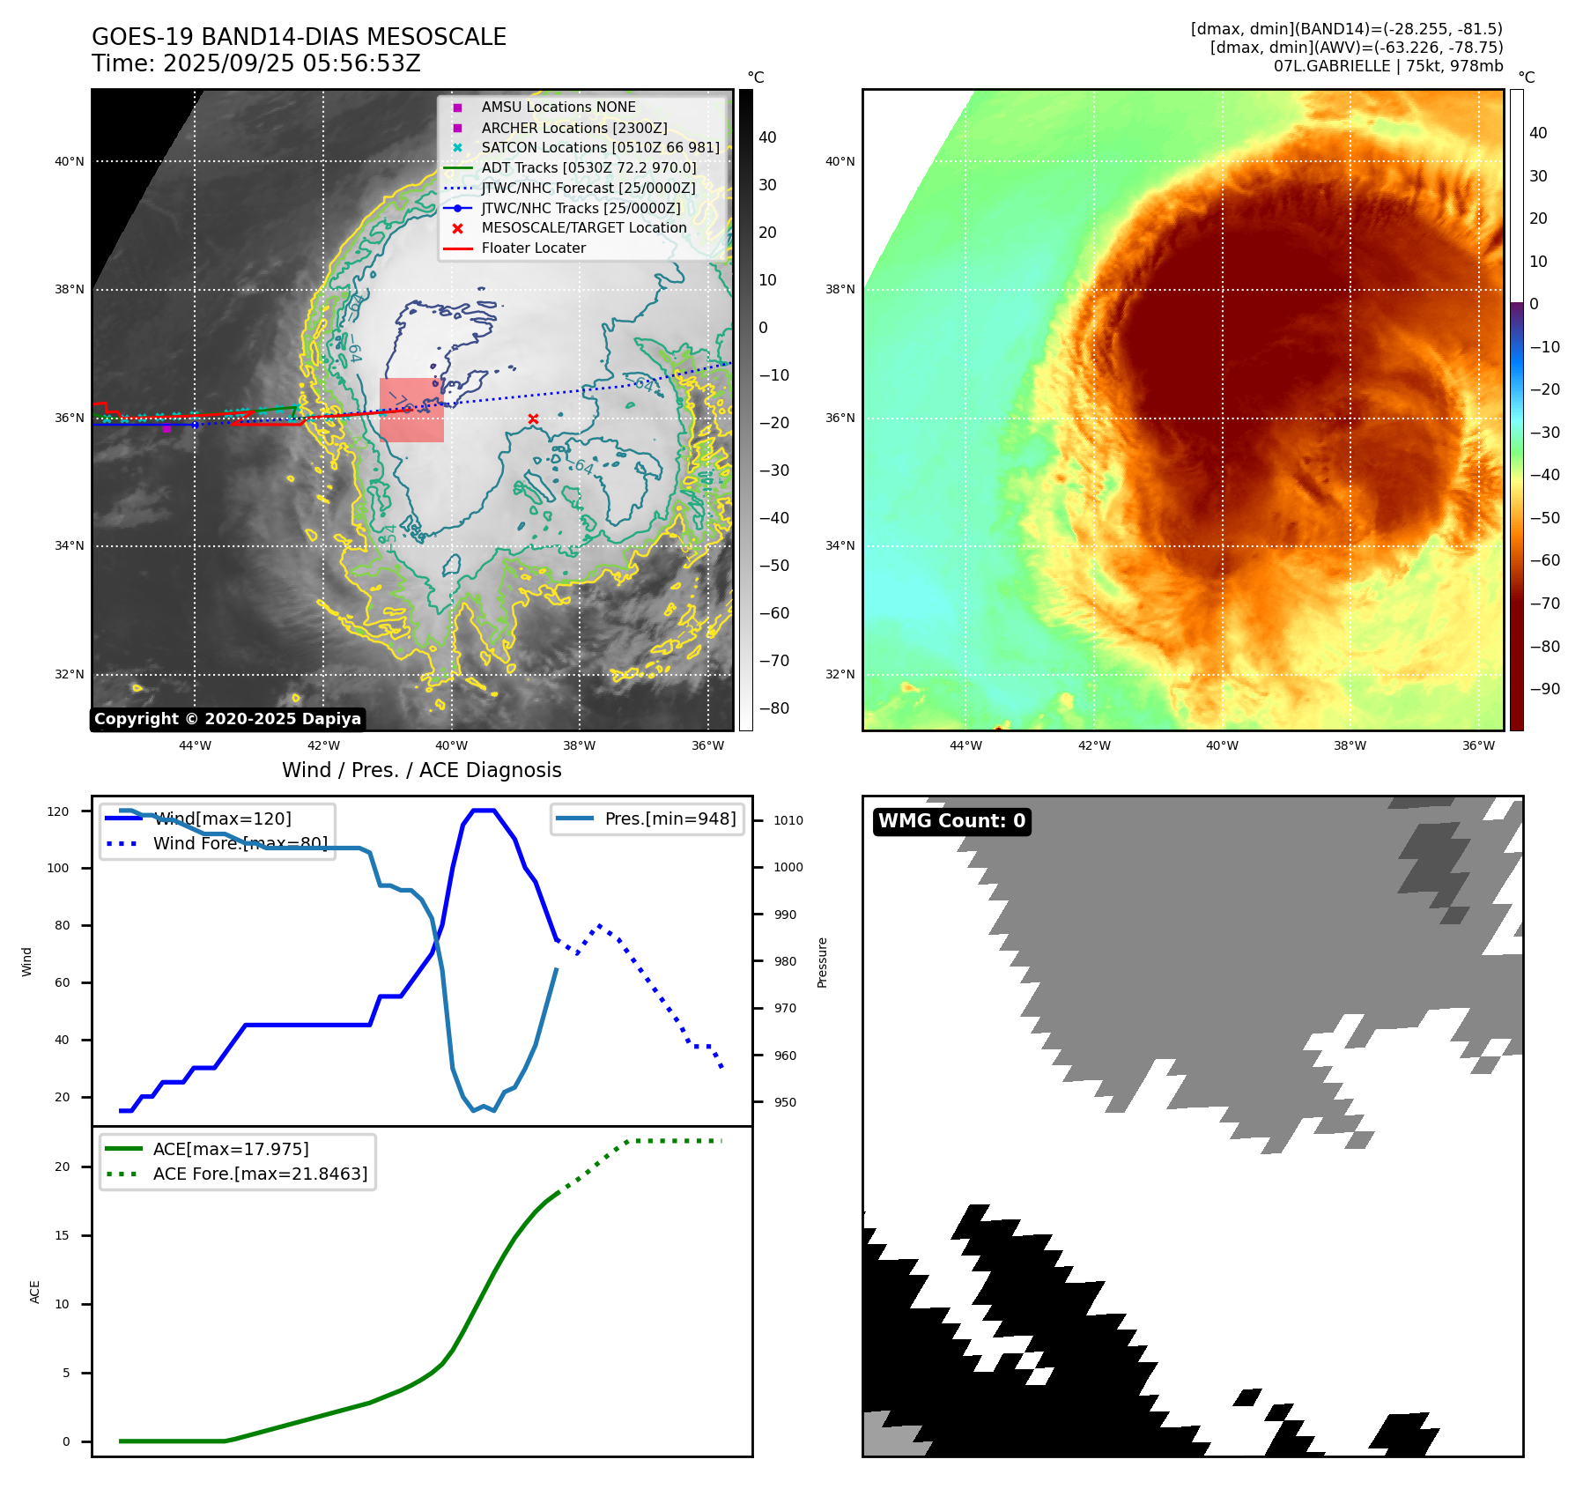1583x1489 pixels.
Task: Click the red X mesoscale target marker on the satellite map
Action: [x=533, y=419]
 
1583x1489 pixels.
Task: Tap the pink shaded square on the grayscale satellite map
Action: [x=411, y=410]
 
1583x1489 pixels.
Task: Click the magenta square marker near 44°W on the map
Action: [x=166, y=428]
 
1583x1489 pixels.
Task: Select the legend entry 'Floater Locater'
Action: [x=533, y=248]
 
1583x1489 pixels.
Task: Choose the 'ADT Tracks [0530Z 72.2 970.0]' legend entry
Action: [x=588, y=167]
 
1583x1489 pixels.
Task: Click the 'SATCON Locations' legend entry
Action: [x=600, y=147]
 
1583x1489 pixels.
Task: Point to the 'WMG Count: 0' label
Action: [x=951, y=821]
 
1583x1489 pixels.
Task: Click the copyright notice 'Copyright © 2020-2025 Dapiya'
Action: [x=227, y=719]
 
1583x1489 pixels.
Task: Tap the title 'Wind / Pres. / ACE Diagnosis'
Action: [x=421, y=770]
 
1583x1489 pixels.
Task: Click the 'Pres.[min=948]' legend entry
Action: [x=669, y=819]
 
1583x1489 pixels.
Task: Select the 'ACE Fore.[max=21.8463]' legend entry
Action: [x=260, y=1174]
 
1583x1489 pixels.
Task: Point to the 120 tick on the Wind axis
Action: [x=58, y=811]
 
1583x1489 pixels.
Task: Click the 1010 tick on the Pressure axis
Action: [x=788, y=820]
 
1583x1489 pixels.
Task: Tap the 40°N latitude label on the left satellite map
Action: [x=70, y=161]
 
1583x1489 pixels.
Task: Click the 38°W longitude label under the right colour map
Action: [x=1350, y=745]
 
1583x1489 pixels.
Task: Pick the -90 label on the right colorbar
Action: [x=1544, y=689]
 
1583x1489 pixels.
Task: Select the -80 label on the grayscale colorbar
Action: [x=774, y=708]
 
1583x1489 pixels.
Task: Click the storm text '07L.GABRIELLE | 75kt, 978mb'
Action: [x=1387, y=66]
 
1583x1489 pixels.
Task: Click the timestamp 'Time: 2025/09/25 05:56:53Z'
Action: [x=255, y=63]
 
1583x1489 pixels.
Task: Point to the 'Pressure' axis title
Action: [x=822, y=962]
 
